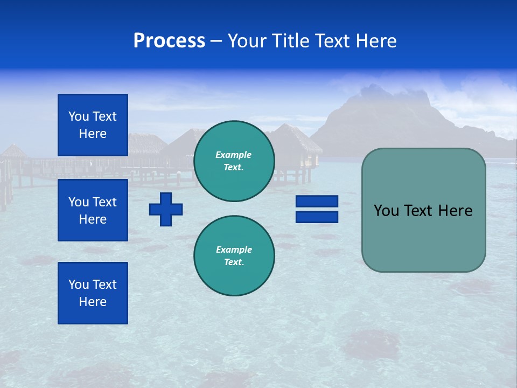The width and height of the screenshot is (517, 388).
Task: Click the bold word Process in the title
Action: [169, 41]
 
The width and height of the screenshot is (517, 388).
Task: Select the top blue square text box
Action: [93, 125]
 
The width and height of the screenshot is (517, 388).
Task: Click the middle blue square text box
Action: [93, 210]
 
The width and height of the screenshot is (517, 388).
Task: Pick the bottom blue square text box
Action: [93, 293]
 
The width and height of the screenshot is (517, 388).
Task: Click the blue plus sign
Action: [166, 209]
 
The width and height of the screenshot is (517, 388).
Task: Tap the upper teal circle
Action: [234, 161]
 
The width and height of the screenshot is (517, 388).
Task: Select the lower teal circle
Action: [234, 256]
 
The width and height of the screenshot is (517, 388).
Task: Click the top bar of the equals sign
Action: [317, 202]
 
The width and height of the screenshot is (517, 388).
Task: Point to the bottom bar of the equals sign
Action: [317, 217]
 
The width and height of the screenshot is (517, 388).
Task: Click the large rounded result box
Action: [423, 210]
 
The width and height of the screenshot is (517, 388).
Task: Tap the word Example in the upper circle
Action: [233, 155]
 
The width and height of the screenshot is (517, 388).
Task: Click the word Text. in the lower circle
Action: [234, 262]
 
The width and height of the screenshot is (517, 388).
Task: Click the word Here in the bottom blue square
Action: [93, 302]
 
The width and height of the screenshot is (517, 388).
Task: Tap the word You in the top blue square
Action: [79, 116]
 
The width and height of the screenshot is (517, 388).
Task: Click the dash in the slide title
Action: [216, 41]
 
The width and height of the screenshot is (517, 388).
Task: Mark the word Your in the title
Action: [246, 41]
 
